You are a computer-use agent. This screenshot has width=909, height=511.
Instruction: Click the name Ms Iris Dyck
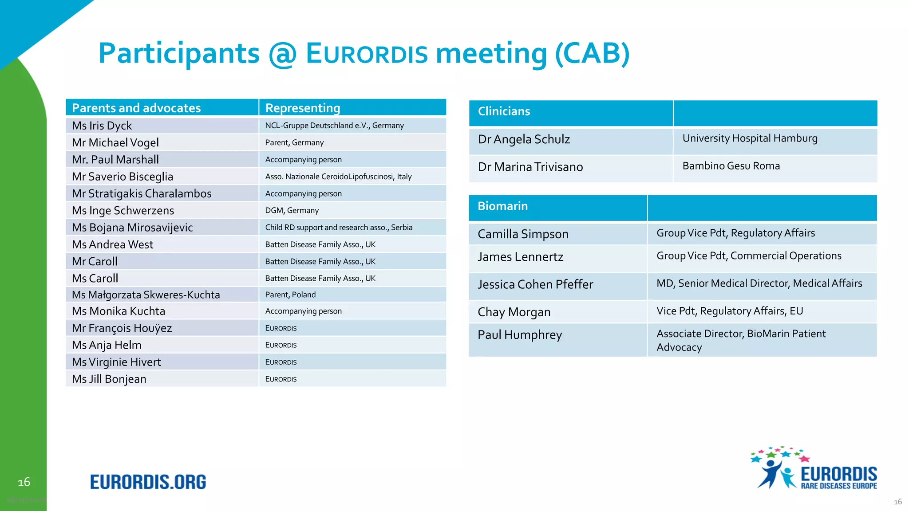coord(102,126)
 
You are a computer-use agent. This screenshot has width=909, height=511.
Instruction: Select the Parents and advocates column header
coord(136,108)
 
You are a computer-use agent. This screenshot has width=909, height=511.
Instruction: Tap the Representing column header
coord(303,108)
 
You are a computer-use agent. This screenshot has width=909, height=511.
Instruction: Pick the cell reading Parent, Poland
coord(290,295)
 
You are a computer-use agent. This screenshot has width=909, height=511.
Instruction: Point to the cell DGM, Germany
coord(292,211)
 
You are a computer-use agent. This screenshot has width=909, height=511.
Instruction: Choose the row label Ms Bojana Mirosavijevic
coord(132,228)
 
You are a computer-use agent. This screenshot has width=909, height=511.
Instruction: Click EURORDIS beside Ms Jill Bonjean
coord(281,379)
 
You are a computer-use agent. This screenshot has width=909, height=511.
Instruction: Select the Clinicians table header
coord(504,112)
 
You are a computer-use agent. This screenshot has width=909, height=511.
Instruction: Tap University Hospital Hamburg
coord(750,138)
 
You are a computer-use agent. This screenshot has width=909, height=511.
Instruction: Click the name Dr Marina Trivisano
coord(530,167)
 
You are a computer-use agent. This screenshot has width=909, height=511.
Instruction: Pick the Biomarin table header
coord(502,206)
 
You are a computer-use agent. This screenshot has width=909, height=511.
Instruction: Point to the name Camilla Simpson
coord(523,234)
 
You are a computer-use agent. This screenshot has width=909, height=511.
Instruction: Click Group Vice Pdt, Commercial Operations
coord(749,256)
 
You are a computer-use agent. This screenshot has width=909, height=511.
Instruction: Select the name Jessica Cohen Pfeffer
coord(535,284)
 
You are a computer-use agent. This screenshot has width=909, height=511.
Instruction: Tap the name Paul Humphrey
coord(520,335)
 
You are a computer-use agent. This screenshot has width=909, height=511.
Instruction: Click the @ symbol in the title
coord(282,54)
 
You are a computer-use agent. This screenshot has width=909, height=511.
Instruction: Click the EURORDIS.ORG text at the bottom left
coord(148,482)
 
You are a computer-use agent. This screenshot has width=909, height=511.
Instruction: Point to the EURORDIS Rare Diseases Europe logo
coord(814,469)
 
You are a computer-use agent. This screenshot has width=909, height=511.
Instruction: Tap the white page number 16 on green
coord(24,482)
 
